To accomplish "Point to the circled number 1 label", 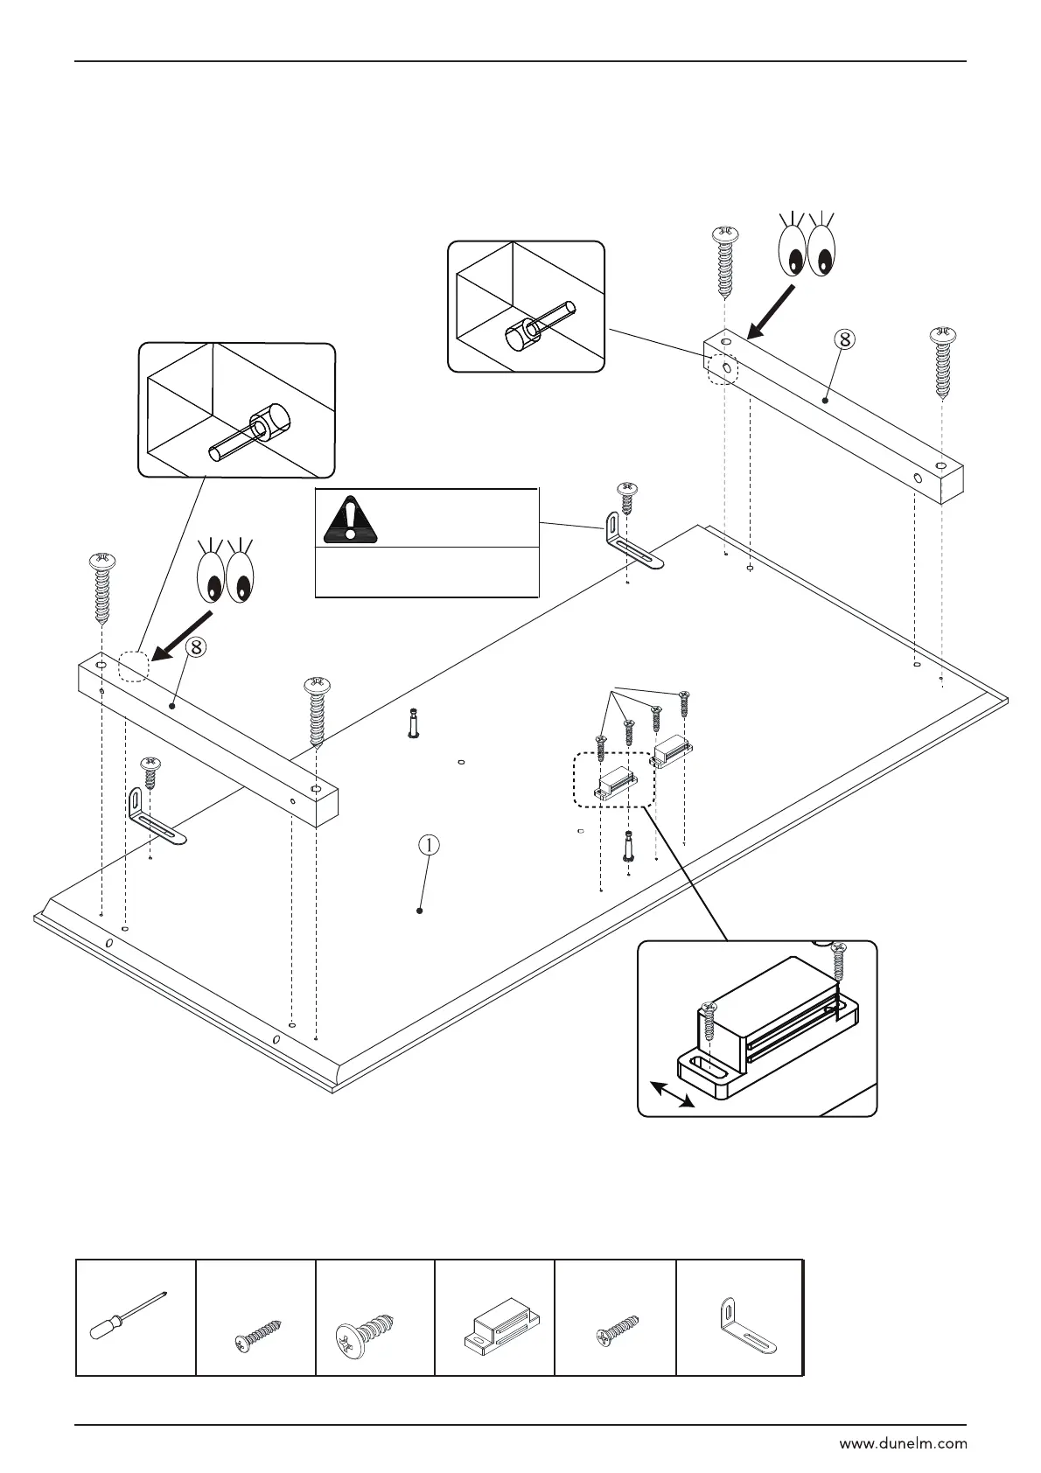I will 428,845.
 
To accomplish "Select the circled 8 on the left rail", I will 197,647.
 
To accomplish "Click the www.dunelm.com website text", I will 903,1444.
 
